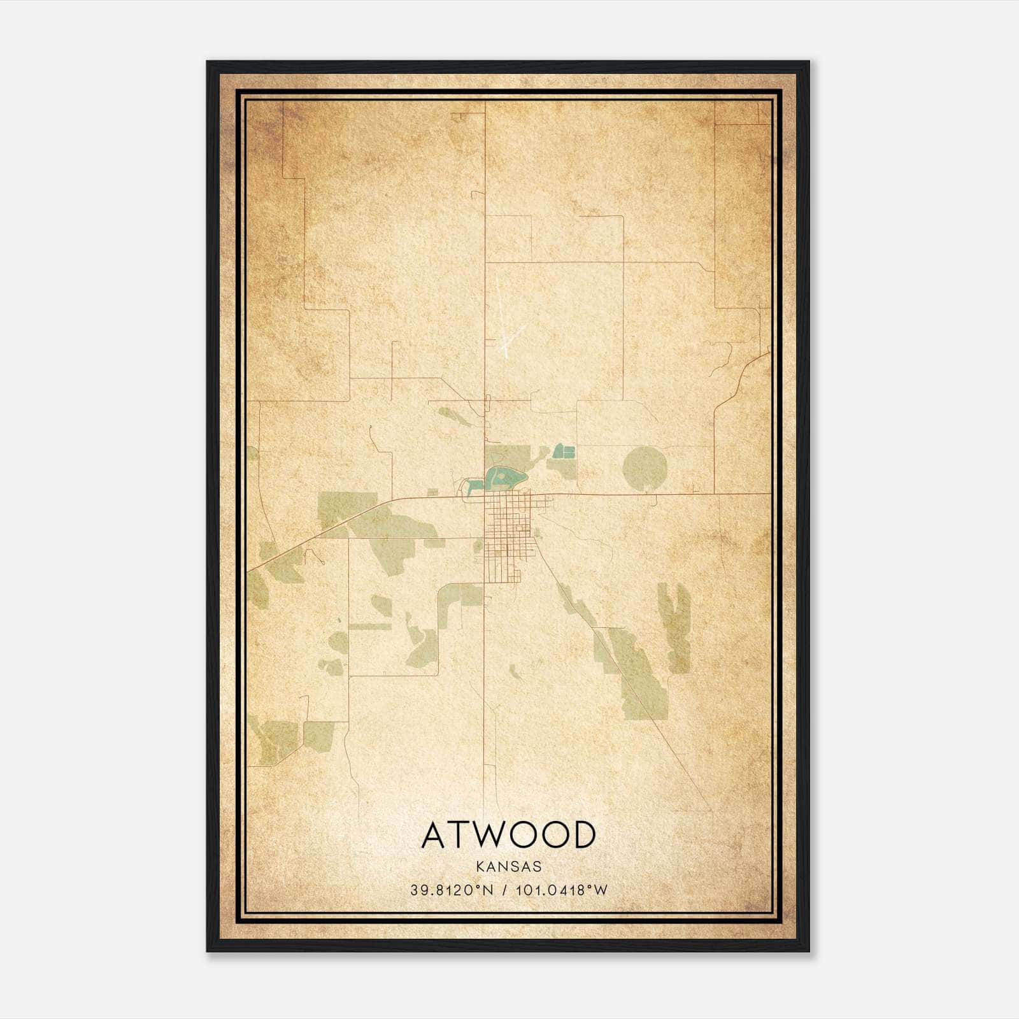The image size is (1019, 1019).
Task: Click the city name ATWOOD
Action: [x=509, y=834]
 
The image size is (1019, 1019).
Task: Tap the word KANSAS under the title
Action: [x=509, y=867]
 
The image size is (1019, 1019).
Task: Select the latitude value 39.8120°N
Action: [x=452, y=890]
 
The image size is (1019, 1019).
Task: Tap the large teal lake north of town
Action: [x=506, y=476]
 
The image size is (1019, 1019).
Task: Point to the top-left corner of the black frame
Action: [x=208, y=62]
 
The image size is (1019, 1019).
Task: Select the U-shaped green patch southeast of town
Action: [x=674, y=627]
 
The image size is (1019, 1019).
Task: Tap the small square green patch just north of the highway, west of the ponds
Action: [x=433, y=491]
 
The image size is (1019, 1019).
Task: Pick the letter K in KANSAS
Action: [x=479, y=867]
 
